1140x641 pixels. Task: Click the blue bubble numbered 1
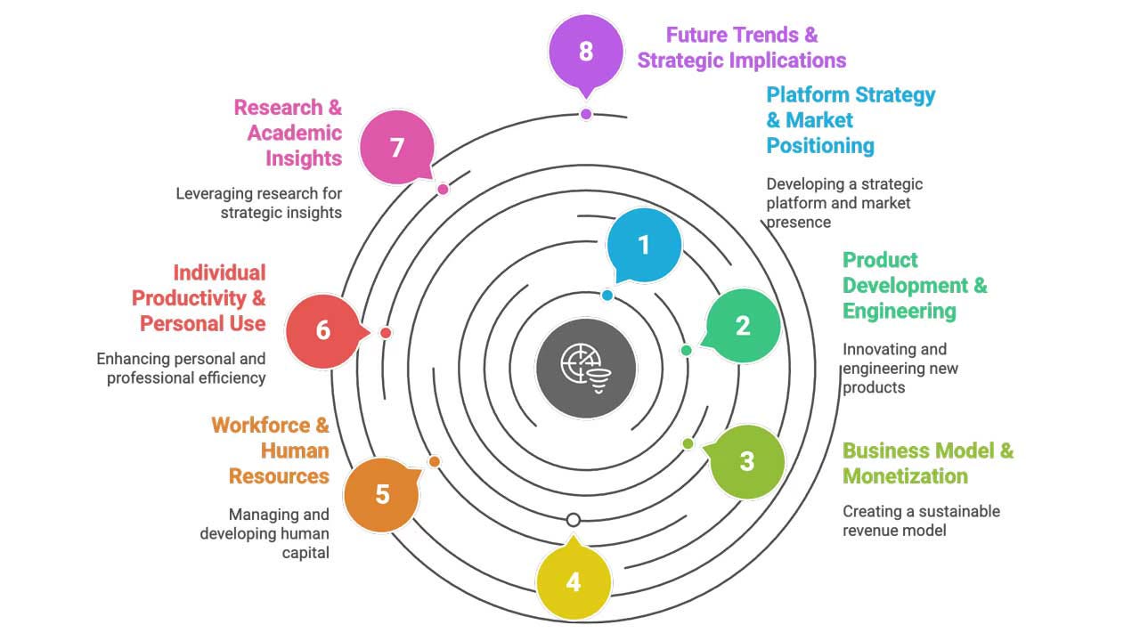point(644,245)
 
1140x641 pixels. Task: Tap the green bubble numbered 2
point(743,326)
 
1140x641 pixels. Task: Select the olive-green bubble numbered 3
point(746,461)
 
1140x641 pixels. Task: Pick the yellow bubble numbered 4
point(573,582)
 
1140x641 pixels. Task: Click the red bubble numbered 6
point(323,330)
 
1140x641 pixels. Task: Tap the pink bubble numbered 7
point(397,147)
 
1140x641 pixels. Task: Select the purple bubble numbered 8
point(585,51)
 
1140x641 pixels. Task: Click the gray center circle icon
point(586,368)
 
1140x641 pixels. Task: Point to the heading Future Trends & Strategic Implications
point(742,48)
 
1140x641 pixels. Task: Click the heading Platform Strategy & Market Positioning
point(851,120)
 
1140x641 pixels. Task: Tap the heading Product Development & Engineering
point(915,285)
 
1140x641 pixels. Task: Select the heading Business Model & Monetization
point(928,463)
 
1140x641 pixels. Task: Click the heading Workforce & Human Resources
point(271,450)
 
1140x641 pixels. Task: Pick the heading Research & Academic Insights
point(288,133)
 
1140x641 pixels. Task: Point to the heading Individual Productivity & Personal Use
point(199,298)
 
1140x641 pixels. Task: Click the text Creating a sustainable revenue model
point(921,521)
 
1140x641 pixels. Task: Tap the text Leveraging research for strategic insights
point(259,203)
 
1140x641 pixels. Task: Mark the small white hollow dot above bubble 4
point(574,520)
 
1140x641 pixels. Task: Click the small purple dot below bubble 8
point(586,114)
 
